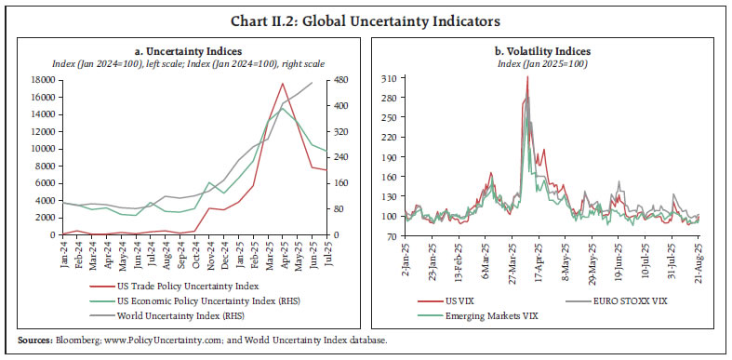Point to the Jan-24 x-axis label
63,253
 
